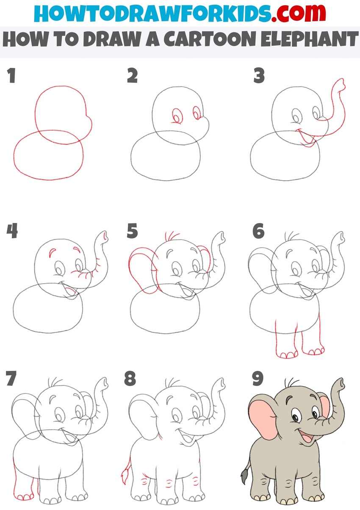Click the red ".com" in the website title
298,14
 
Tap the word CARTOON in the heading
210,39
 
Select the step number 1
11,75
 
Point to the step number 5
133,231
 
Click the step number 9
258,379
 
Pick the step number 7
11,378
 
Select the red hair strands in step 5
171,236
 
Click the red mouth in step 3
306,138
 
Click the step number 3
259,75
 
